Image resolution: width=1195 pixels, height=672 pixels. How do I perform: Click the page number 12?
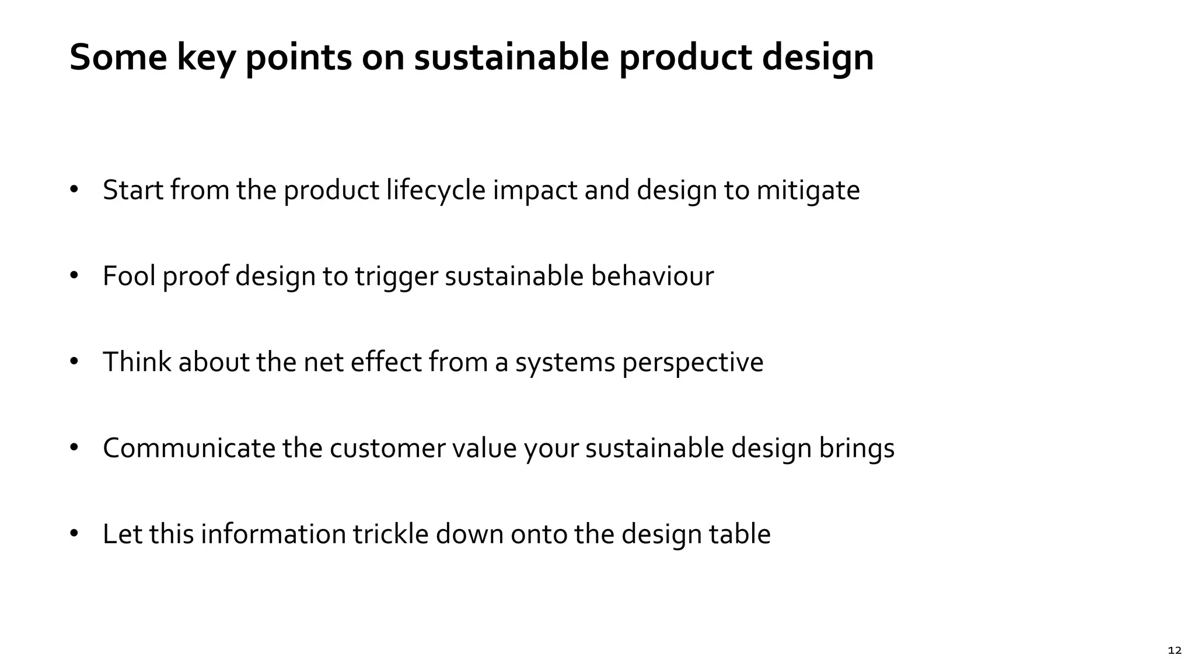click(x=1175, y=650)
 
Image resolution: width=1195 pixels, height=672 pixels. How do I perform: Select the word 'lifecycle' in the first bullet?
click(x=435, y=190)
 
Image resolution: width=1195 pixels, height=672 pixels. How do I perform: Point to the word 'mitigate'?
click(x=808, y=191)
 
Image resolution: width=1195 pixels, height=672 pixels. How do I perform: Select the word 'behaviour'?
click(x=652, y=276)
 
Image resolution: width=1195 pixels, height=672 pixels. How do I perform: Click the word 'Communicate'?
click(x=188, y=448)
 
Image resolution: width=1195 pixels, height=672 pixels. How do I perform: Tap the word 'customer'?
click(x=387, y=448)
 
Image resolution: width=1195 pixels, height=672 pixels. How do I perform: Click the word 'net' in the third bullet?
click(x=323, y=362)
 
